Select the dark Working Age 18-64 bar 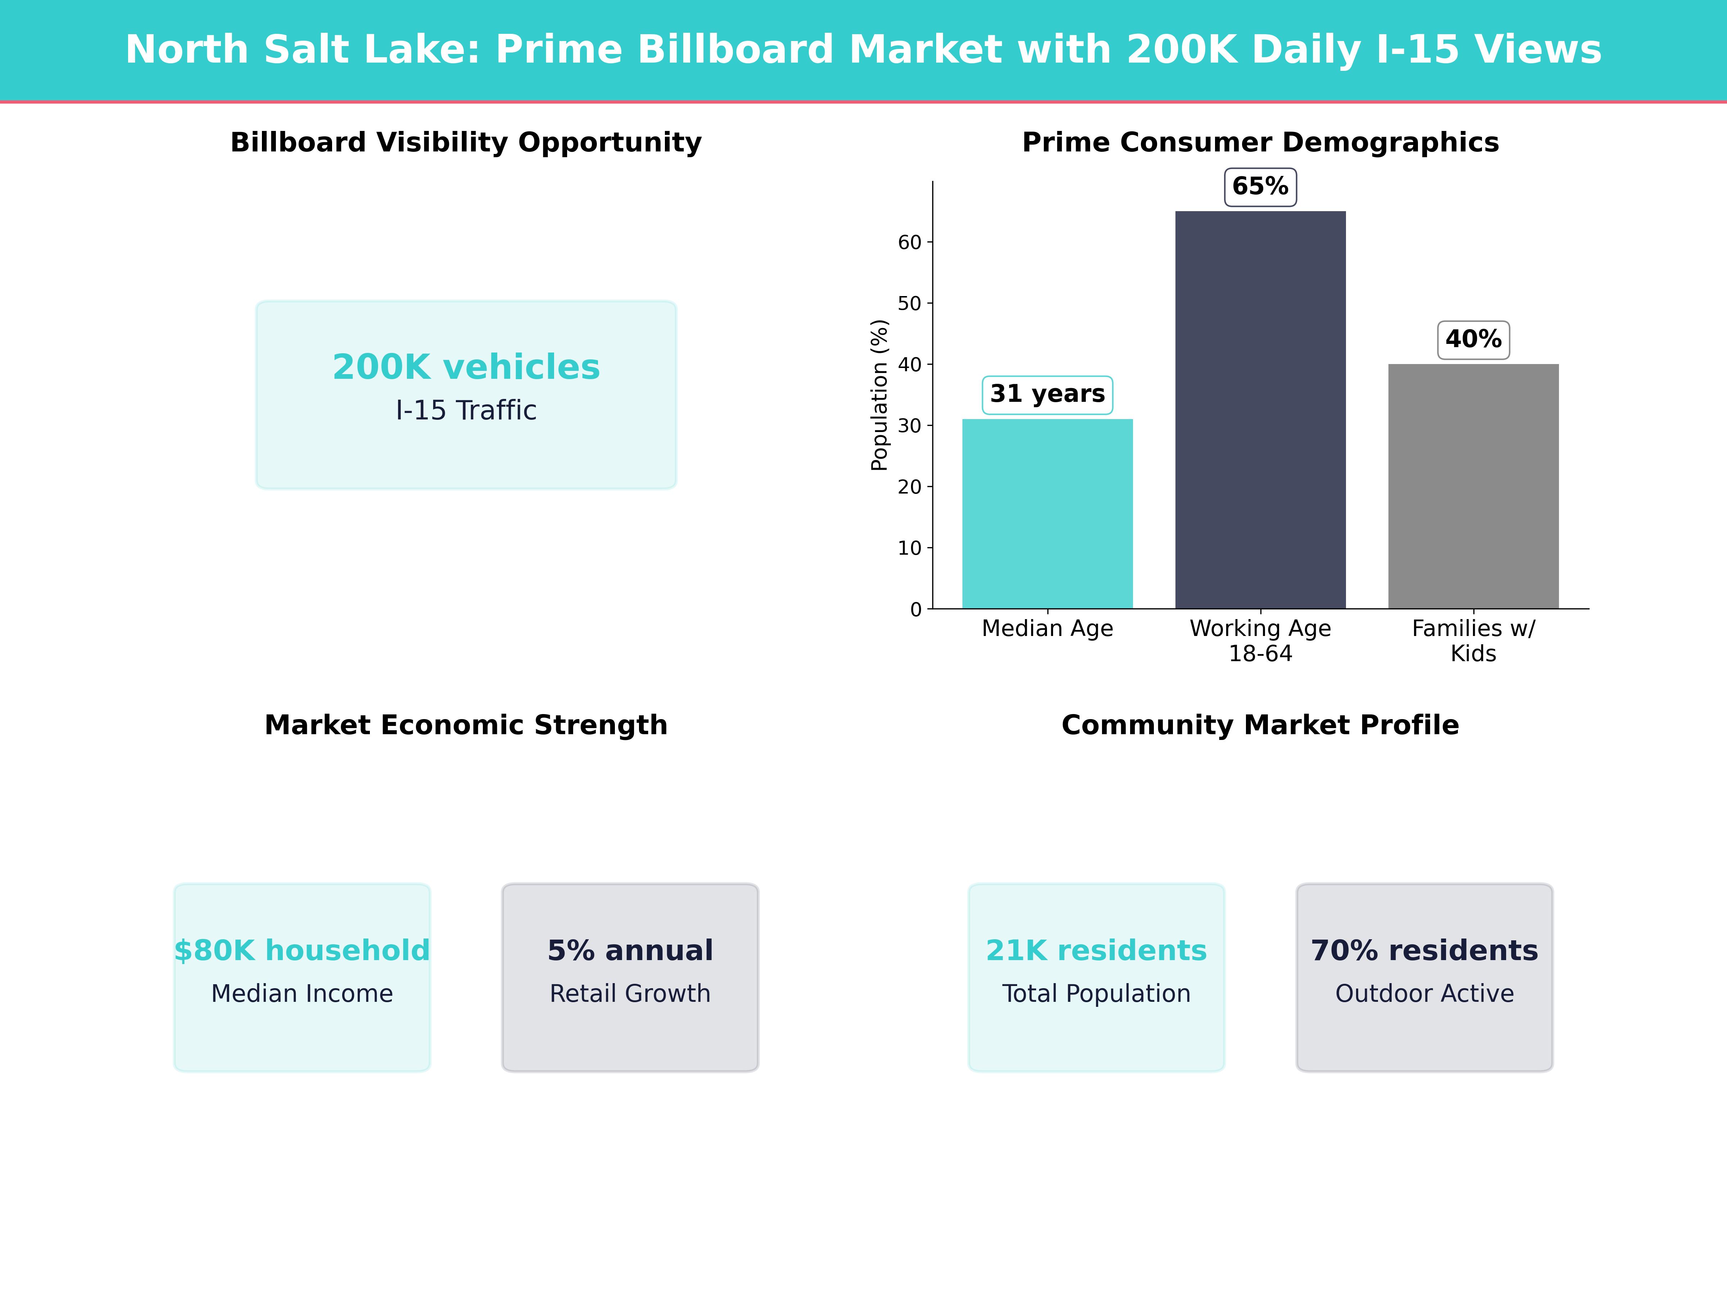point(1260,410)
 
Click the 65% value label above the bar point(1260,187)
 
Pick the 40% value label point(1473,340)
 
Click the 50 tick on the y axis point(910,304)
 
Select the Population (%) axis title point(880,395)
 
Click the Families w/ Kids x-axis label point(1473,641)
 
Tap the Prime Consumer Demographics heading point(1260,143)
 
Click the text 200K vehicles point(466,367)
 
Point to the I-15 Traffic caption point(466,410)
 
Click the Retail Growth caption point(630,994)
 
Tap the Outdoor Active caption point(1424,994)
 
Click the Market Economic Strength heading point(466,725)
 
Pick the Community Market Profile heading point(1260,725)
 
